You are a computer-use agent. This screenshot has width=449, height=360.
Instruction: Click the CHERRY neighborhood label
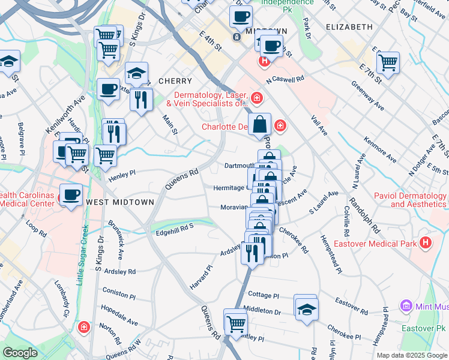(175, 81)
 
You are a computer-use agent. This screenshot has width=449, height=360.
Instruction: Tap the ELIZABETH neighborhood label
(349, 28)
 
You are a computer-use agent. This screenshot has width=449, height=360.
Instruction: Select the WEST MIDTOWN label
(120, 202)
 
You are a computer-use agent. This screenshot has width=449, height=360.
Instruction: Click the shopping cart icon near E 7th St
(388, 62)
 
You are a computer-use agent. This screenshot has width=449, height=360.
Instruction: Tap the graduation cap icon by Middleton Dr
(306, 309)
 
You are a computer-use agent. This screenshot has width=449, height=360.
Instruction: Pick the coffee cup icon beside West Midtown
(71, 195)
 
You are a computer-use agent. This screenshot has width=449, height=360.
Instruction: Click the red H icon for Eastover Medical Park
(426, 243)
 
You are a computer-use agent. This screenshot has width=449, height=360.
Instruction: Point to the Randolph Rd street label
(366, 215)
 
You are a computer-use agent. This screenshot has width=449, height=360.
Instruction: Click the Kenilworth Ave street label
(61, 115)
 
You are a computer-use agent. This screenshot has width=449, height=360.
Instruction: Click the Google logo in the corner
(20, 353)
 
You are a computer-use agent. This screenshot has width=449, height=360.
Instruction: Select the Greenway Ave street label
(371, 97)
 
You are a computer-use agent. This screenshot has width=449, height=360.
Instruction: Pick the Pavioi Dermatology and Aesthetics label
(410, 200)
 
